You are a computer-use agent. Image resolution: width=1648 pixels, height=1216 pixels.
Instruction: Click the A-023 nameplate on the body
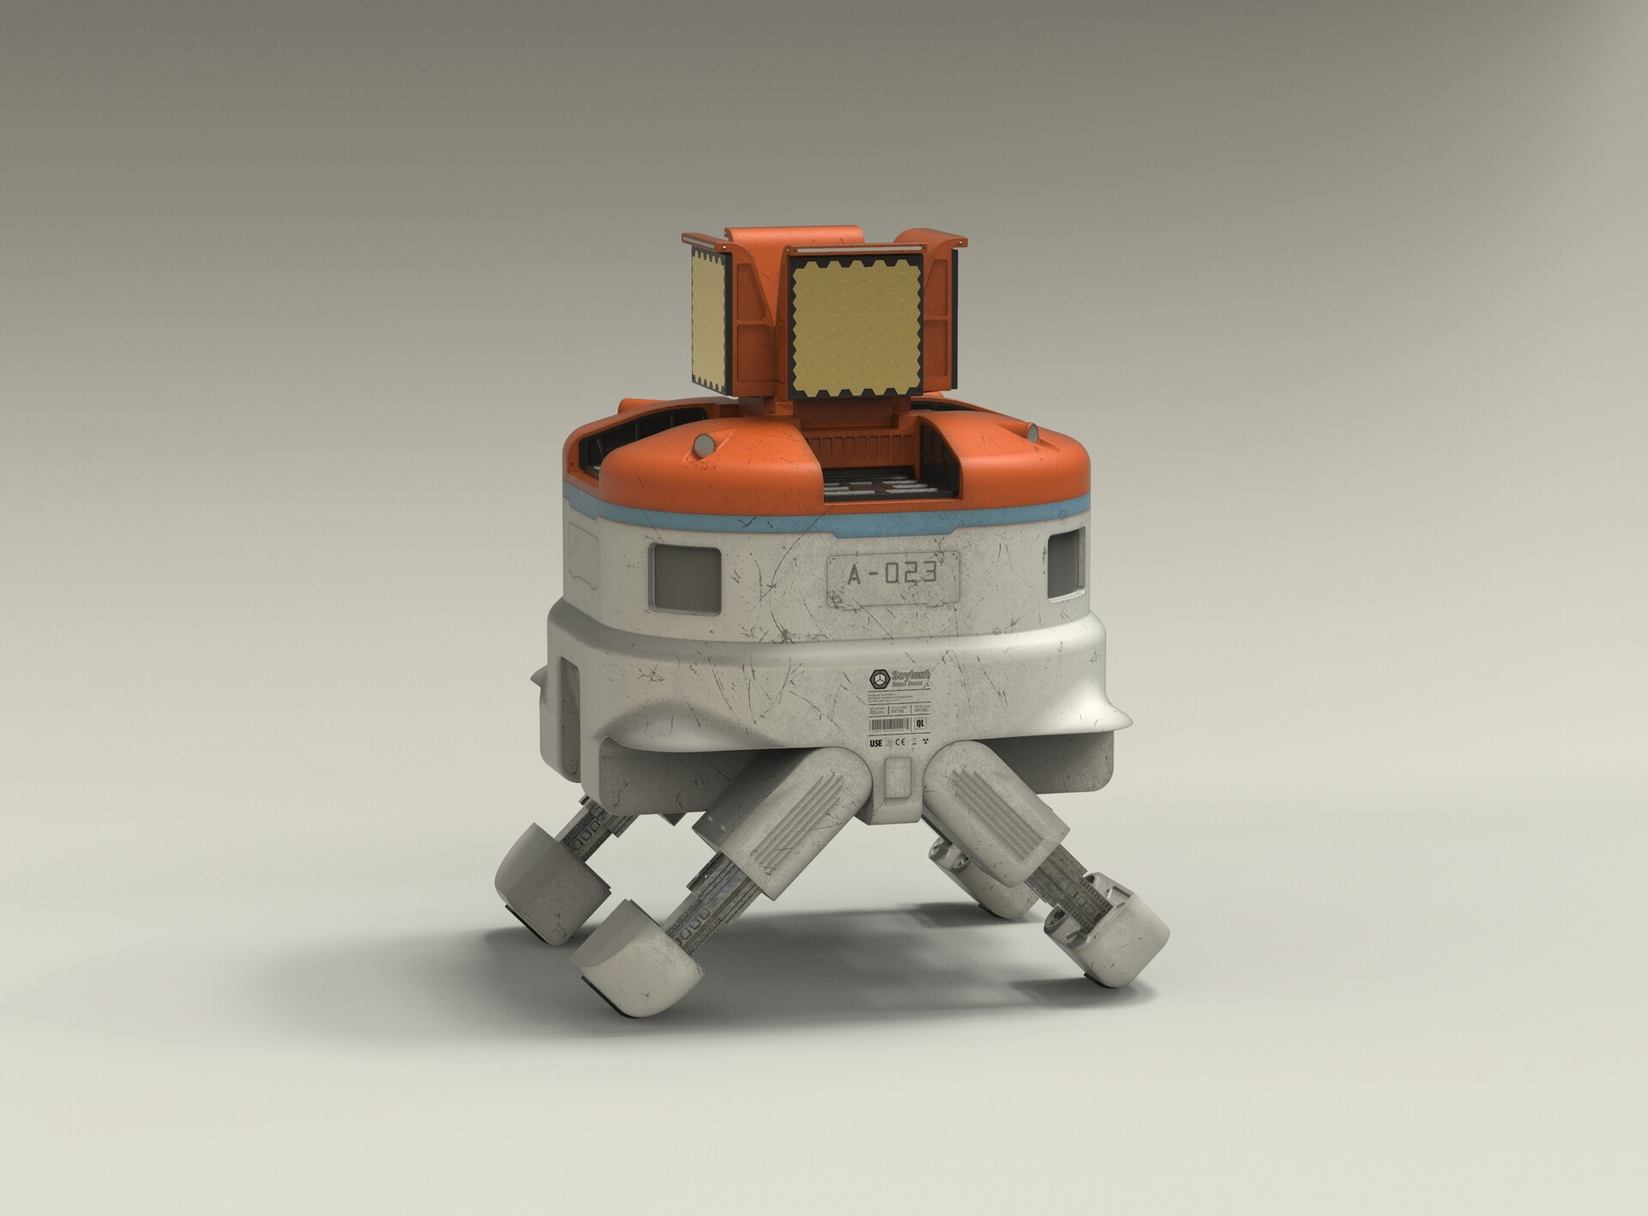[891, 576]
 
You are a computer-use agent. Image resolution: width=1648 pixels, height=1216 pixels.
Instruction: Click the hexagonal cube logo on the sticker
[880, 679]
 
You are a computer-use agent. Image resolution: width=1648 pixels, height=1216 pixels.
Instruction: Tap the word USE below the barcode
[875, 743]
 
